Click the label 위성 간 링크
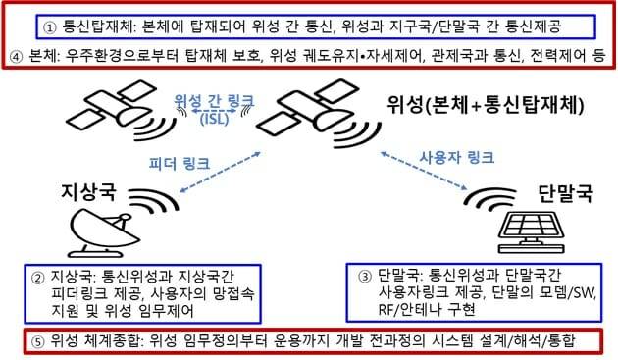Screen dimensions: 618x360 [215, 101]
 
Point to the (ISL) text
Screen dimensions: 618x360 [215, 119]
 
